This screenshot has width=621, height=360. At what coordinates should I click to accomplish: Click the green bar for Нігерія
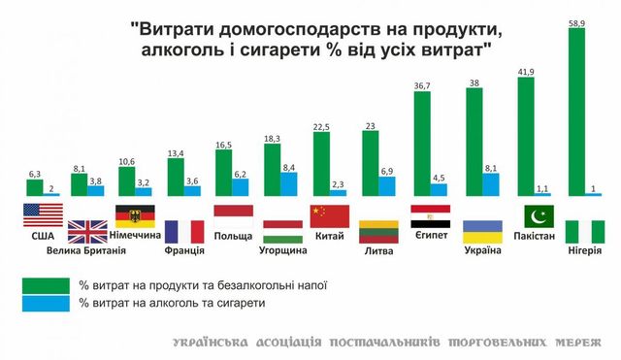click(574, 113)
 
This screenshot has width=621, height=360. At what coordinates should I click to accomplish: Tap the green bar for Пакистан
click(528, 137)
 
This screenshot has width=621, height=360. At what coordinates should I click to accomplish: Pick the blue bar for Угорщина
click(288, 183)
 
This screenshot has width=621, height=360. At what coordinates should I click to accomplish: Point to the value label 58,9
click(577, 20)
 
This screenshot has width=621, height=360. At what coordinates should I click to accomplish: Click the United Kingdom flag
click(86, 232)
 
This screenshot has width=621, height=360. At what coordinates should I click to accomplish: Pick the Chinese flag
click(329, 215)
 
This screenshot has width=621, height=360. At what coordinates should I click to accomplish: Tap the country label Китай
click(329, 235)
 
